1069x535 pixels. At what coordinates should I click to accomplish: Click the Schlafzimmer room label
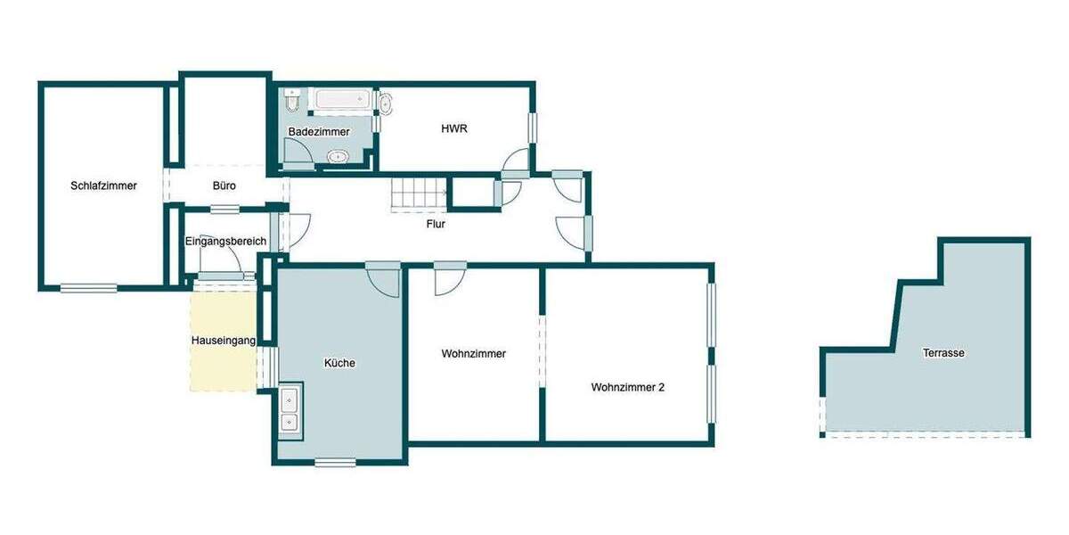click(103, 186)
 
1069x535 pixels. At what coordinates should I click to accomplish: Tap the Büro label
click(224, 186)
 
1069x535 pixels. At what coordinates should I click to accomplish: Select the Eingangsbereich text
click(225, 242)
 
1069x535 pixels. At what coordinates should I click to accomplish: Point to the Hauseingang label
click(224, 341)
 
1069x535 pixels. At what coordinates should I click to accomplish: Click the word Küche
click(339, 363)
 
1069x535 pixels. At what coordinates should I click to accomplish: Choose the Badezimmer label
click(319, 132)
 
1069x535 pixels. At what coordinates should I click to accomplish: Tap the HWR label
click(454, 128)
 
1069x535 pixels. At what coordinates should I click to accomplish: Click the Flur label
click(436, 224)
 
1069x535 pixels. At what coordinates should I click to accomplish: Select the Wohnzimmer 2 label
click(628, 388)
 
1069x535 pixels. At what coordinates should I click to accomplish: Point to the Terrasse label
click(943, 353)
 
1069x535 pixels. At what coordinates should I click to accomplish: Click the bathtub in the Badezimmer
click(342, 99)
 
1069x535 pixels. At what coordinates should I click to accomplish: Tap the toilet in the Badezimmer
click(291, 100)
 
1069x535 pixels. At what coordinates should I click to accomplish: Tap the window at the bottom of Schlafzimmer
click(88, 287)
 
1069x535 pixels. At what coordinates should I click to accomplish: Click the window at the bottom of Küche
click(335, 462)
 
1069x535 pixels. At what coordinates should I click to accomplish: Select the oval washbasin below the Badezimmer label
click(338, 157)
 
